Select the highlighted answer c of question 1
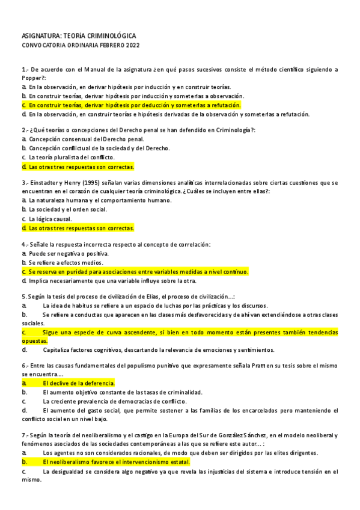(x=126, y=105)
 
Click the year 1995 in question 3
(x=83, y=182)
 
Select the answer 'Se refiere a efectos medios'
(x=65, y=263)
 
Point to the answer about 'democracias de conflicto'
(x=114, y=401)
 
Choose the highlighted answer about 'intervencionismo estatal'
(x=116, y=462)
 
